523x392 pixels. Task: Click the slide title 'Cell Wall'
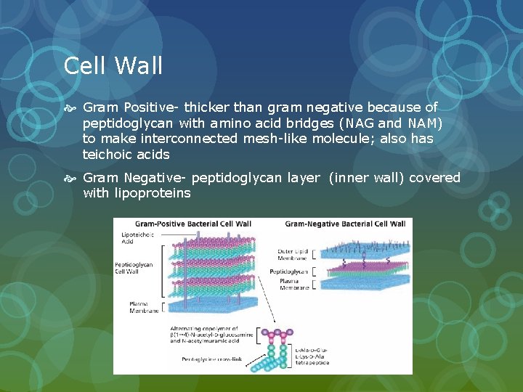pos(113,66)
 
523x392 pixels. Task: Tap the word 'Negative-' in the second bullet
pos(151,178)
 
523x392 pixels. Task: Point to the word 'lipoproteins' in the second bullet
pos(155,193)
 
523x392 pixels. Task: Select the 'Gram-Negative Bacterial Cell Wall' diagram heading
pos(345,224)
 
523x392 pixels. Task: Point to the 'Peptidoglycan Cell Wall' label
pos(134,269)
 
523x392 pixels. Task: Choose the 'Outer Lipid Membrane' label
pos(293,256)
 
